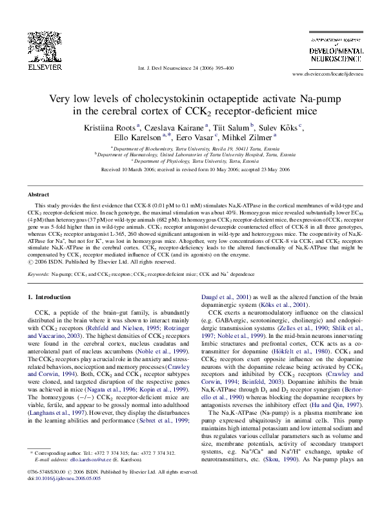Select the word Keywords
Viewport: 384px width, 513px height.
pyautogui.click(x=39, y=275)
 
